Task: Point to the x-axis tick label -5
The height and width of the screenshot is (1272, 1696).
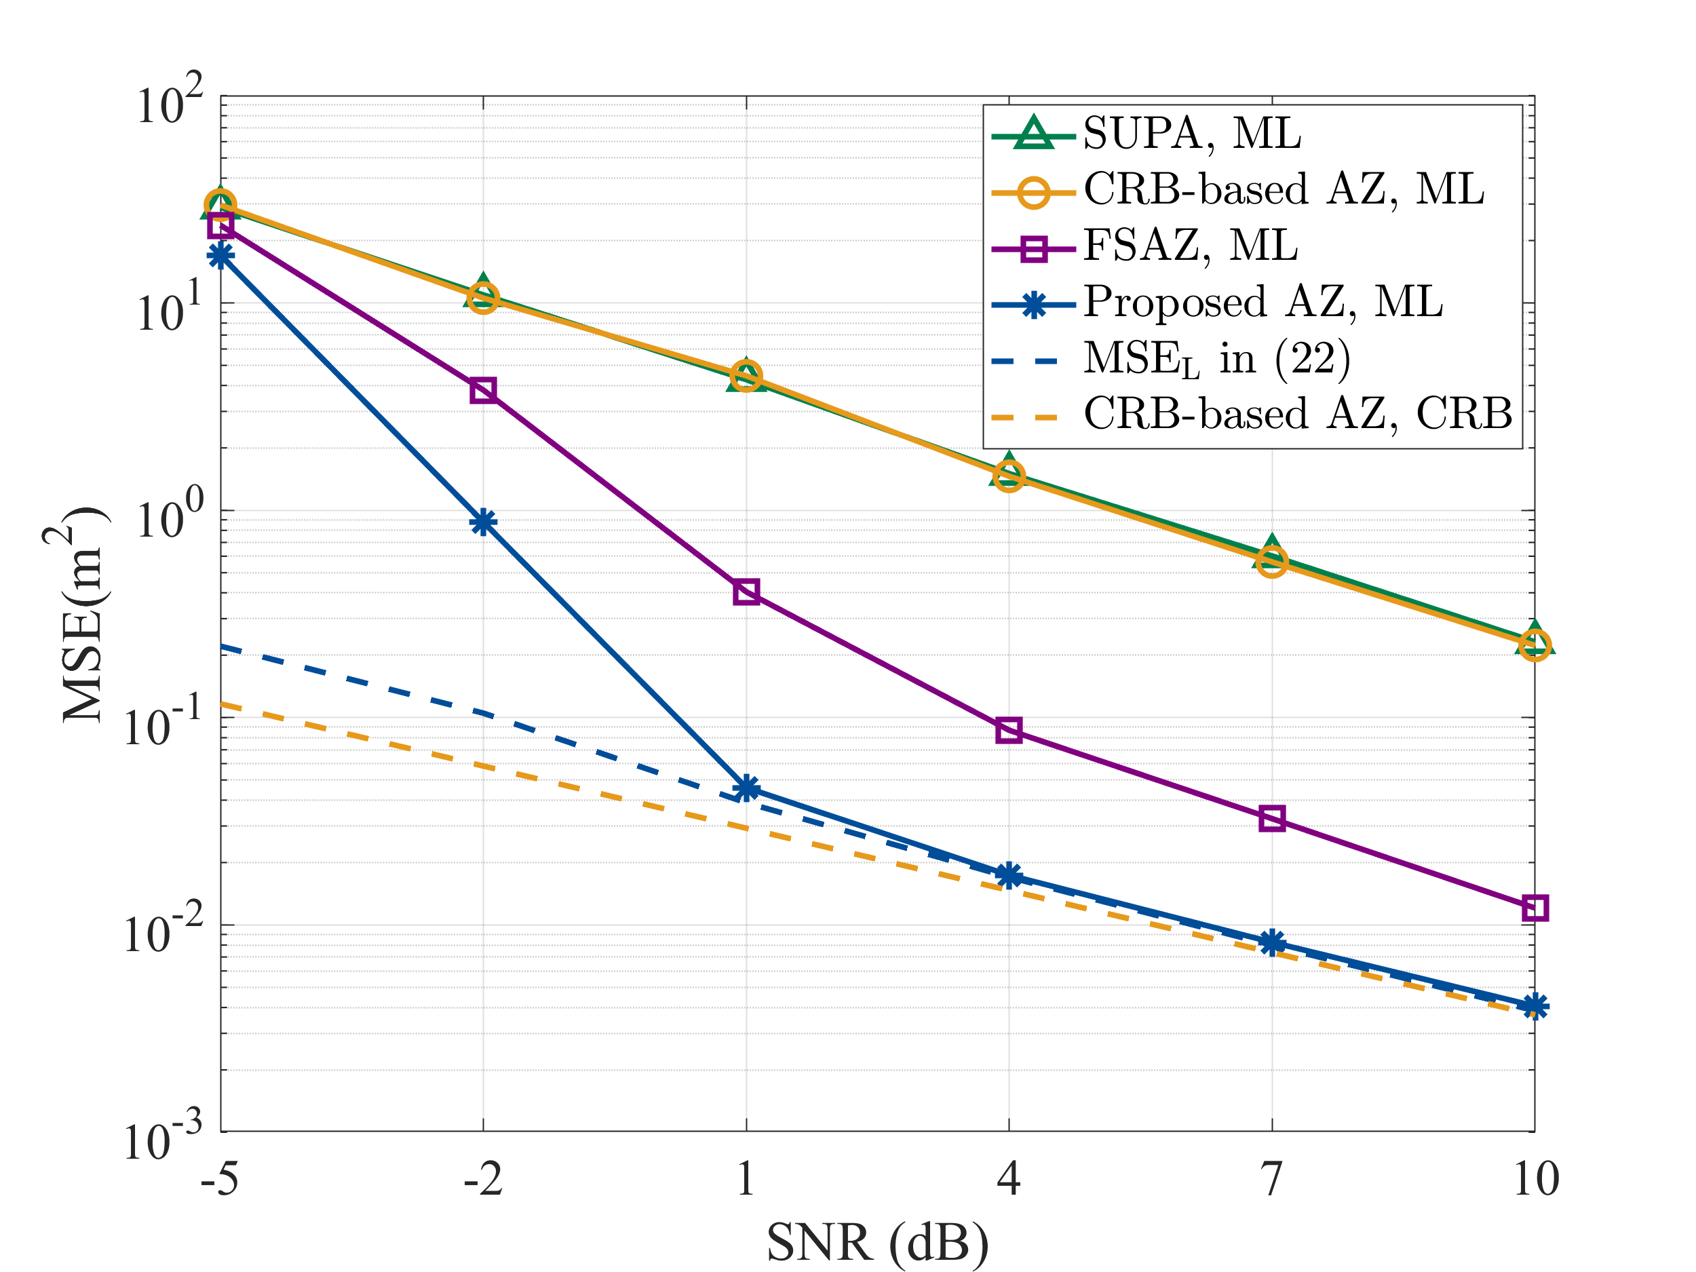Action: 220,1178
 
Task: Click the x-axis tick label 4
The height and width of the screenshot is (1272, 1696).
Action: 1008,1178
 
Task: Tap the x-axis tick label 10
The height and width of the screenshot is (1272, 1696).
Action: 1535,1178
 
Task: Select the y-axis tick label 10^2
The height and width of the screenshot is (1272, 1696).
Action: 170,100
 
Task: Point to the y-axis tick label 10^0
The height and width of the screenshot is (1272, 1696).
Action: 170,514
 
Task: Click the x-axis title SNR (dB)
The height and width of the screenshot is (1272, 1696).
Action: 878,1243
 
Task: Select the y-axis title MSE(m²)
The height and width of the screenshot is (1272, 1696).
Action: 77,614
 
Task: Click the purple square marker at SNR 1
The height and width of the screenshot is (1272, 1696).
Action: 746,592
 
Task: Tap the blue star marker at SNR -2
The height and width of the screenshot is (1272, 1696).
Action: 483,523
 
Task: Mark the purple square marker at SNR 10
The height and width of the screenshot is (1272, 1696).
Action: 1535,908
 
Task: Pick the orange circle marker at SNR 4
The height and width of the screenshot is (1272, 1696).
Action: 1008,477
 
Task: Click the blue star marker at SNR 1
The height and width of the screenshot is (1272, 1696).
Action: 746,788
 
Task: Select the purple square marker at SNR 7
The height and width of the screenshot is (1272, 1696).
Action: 1272,819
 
